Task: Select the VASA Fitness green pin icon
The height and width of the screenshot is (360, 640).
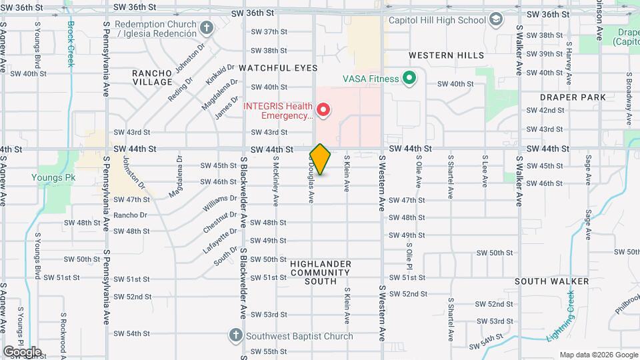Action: [x=410, y=79]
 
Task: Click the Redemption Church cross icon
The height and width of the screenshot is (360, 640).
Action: [x=207, y=27]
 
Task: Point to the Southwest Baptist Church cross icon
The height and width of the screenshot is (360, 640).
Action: [x=235, y=335]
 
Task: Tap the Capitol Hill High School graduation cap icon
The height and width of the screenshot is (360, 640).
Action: [x=496, y=20]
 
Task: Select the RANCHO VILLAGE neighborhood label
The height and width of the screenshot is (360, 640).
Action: [x=152, y=77]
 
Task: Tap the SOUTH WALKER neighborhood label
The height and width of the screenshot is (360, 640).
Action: [x=551, y=281]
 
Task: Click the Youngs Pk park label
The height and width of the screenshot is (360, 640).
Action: [x=48, y=177]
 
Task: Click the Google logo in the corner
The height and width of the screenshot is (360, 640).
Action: [x=22, y=351]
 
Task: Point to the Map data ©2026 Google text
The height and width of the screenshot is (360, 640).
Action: [x=598, y=355]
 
